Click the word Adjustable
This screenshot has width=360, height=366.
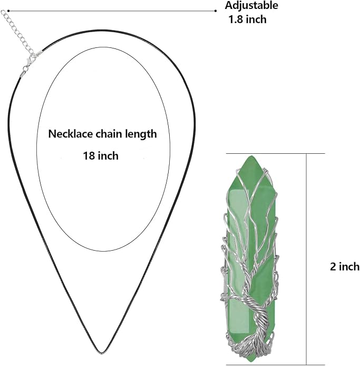point(251,6)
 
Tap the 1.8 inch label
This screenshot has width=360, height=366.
point(247,19)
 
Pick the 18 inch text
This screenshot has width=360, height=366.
point(101,156)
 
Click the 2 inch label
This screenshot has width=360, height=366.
point(345,266)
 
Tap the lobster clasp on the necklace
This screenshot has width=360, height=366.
point(29,62)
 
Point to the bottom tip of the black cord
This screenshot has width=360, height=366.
point(101,352)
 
